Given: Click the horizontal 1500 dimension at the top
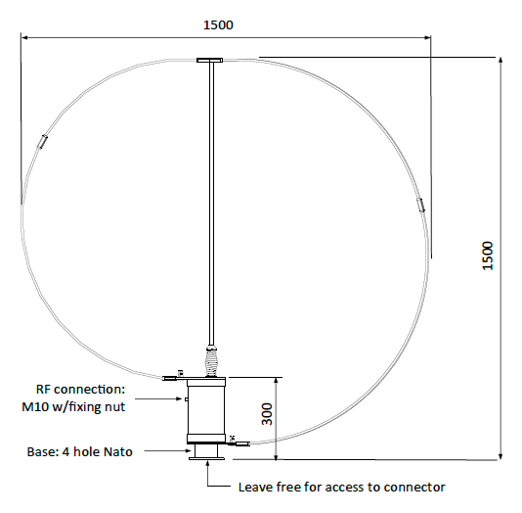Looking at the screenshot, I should click(x=218, y=23).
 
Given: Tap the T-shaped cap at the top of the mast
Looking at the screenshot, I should click(x=209, y=63).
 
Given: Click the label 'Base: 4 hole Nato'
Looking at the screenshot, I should click(x=78, y=451).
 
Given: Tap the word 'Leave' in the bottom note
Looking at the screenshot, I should click(x=256, y=488).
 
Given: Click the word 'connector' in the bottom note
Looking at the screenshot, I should click(x=413, y=488).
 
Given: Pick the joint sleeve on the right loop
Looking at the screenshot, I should click(x=421, y=205).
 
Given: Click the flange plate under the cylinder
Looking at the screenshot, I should click(x=209, y=451).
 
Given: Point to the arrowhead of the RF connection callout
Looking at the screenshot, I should click(x=182, y=399).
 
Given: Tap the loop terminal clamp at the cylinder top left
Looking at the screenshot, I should click(x=174, y=376).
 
